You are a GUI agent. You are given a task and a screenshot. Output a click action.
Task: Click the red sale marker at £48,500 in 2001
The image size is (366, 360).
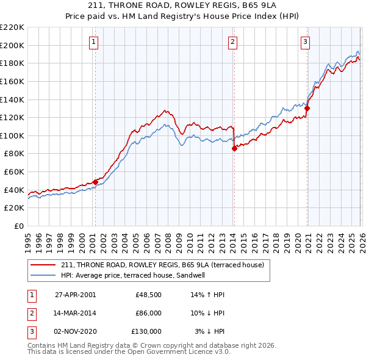point(95,182)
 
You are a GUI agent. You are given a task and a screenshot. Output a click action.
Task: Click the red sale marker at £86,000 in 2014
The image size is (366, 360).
point(234,148)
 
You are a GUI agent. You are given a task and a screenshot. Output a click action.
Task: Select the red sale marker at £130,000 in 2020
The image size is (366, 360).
point(307,108)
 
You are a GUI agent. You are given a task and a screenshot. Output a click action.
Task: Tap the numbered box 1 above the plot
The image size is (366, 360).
point(94,42)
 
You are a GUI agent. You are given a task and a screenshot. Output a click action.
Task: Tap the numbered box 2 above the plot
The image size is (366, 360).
point(233,42)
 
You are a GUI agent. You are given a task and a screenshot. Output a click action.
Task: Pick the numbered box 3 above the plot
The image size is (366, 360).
point(305,42)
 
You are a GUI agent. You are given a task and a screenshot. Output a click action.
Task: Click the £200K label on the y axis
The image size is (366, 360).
point(12,45)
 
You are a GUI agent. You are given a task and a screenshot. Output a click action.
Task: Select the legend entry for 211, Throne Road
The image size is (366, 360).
point(162,265)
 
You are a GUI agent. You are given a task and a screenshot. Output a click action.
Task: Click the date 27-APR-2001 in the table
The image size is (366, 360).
point(76,295)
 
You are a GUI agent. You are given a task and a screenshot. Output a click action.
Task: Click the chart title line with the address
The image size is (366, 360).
point(183,7)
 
